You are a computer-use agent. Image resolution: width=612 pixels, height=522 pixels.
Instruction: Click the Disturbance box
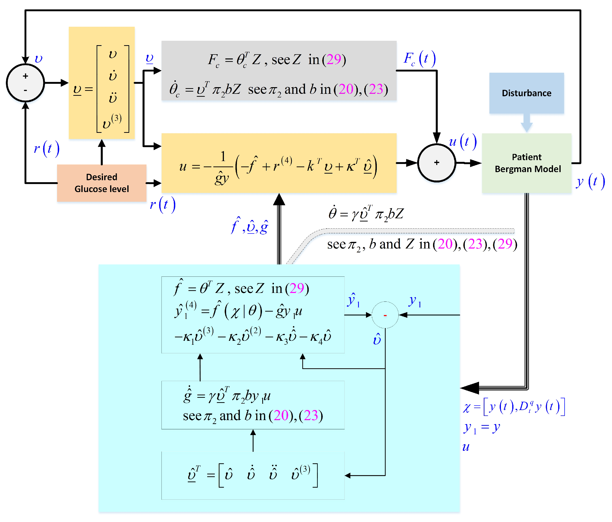click(x=526, y=93)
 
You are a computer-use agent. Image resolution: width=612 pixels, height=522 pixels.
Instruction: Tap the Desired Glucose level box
click(x=102, y=183)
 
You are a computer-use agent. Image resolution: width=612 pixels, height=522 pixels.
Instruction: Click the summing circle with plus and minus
click(x=25, y=83)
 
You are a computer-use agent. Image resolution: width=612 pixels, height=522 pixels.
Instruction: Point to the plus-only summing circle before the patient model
click(x=437, y=163)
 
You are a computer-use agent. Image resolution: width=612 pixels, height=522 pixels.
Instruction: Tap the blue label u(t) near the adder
click(x=463, y=142)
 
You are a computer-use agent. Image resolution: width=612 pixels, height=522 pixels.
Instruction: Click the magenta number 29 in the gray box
click(x=334, y=60)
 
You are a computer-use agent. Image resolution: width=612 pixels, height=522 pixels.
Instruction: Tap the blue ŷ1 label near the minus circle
click(x=353, y=300)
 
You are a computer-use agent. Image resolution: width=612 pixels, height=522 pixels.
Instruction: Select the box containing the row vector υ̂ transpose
click(x=253, y=475)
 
